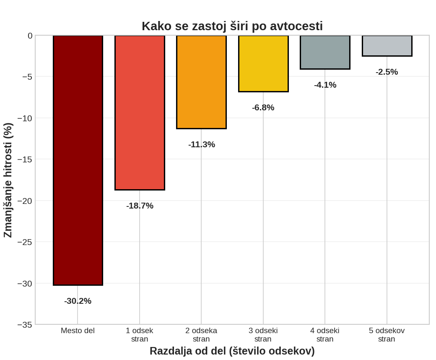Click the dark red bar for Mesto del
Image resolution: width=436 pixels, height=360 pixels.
[x=78, y=160]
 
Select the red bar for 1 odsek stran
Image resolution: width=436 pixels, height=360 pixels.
[x=140, y=112]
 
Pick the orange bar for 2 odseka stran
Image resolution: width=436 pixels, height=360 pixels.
[x=201, y=82]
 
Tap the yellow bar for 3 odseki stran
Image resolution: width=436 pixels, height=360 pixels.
[x=263, y=63]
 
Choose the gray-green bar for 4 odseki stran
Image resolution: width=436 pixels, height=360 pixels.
[x=325, y=52]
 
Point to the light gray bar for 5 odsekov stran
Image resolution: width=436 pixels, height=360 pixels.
[x=387, y=46]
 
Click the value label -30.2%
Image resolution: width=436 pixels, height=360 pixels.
[x=78, y=301]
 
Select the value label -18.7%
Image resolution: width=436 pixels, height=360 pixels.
[x=140, y=206]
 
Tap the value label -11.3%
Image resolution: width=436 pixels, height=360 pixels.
[x=201, y=144]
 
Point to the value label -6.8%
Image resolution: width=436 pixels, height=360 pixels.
[x=263, y=107]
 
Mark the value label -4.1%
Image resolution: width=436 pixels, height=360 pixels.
[x=325, y=85]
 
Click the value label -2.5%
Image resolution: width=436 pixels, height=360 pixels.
[x=387, y=72]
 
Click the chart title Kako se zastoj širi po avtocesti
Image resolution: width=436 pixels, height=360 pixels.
[x=232, y=26]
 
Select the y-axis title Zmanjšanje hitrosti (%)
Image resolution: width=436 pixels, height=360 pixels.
[x=8, y=180]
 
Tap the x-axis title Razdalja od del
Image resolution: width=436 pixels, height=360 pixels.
[x=232, y=351]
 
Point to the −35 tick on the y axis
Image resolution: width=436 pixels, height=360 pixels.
[x=25, y=325]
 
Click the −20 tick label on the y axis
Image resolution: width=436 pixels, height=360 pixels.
[x=25, y=201]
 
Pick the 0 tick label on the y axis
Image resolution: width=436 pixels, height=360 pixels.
[x=30, y=36]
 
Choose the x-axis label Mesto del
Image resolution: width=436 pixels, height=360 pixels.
[x=78, y=331]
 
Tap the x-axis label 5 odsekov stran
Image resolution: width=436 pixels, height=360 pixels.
[x=387, y=335]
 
